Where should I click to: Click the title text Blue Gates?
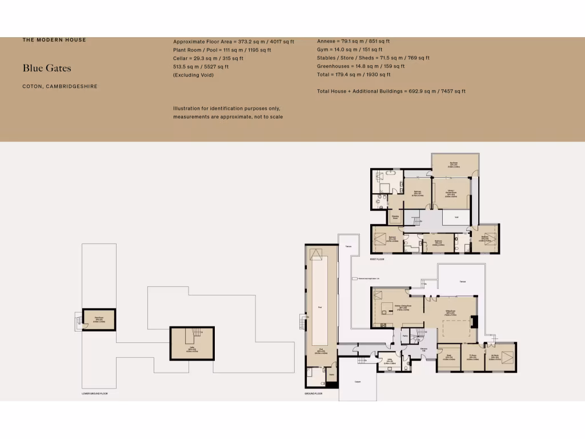point(47,68)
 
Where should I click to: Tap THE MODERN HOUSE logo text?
point(54,40)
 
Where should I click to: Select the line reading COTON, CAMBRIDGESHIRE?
point(60,86)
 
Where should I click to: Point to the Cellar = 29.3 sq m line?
point(208,58)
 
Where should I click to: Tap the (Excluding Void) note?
point(193,75)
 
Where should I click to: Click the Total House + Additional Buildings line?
point(391,91)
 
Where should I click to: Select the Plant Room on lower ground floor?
point(99,319)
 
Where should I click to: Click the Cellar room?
point(192,344)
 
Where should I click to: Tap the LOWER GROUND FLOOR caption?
point(95,394)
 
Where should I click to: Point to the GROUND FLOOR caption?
point(314,394)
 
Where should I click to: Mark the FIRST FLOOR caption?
point(377,259)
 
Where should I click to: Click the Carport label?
point(358,381)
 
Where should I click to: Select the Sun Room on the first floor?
point(454,165)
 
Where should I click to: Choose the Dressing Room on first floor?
point(395,217)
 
